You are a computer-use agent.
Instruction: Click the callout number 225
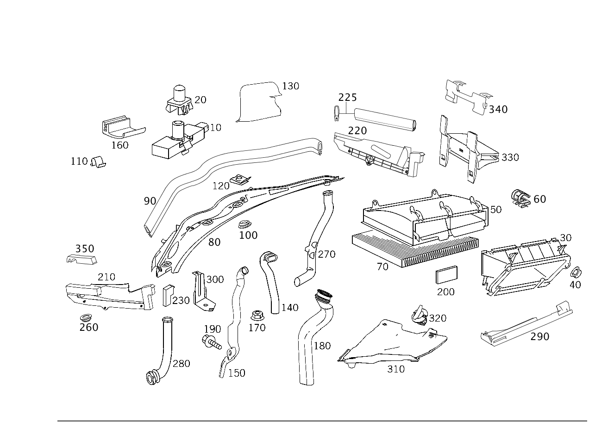(x=348, y=98)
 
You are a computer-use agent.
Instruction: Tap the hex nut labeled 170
(x=257, y=316)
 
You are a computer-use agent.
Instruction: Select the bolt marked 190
(x=211, y=342)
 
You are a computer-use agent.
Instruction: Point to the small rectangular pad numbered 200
(x=446, y=275)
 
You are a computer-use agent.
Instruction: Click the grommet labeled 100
(x=245, y=224)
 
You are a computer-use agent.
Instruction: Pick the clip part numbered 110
(x=98, y=162)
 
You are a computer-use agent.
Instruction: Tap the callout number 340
(x=498, y=110)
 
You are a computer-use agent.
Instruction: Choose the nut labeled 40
(x=576, y=273)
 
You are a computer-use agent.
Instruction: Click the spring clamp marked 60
(x=520, y=198)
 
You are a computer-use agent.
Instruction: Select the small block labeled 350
(x=81, y=259)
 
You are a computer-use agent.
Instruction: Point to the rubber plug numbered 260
(x=86, y=318)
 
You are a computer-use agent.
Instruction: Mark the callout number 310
(x=396, y=369)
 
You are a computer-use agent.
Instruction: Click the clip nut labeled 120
(x=240, y=180)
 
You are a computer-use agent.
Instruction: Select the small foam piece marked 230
(x=168, y=296)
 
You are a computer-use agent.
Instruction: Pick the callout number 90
(x=150, y=201)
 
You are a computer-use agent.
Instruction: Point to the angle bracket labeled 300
(x=203, y=292)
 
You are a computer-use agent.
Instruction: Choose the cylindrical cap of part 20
(x=180, y=93)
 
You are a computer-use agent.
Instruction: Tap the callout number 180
(x=322, y=346)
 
